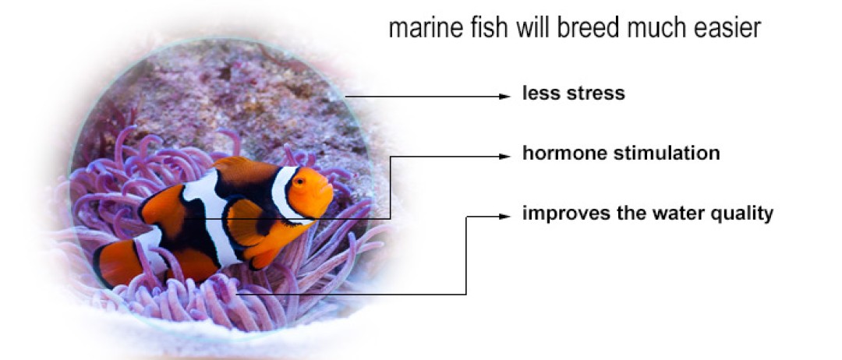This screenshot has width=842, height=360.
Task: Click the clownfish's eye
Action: click(299, 182)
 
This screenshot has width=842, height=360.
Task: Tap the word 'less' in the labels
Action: click(541, 94)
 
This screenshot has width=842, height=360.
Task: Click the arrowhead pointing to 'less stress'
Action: click(504, 97)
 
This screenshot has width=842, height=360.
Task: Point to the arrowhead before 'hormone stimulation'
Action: click(504, 157)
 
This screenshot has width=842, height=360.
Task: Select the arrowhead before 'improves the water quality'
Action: click(504, 217)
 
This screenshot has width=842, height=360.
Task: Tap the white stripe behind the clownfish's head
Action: click(282, 193)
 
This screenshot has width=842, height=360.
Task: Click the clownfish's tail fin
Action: click(115, 262)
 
